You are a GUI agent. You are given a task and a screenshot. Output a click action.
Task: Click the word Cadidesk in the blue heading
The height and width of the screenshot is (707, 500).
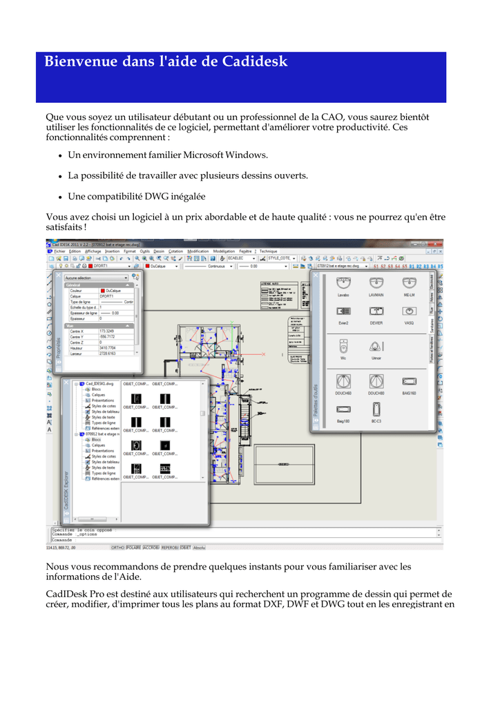click(255, 62)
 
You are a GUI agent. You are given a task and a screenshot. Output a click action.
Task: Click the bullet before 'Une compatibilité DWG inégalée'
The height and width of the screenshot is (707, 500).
click(61, 197)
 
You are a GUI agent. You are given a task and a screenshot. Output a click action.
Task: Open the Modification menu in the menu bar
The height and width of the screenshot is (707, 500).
click(198, 251)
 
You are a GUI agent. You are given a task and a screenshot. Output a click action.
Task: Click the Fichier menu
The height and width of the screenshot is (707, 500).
click(59, 251)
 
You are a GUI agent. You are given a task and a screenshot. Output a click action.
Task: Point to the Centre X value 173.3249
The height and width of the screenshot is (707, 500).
click(108, 331)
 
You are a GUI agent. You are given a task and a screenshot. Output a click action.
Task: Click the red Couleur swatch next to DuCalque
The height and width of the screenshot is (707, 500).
click(103, 291)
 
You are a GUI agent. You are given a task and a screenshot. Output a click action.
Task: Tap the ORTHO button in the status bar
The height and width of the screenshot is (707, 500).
click(118, 547)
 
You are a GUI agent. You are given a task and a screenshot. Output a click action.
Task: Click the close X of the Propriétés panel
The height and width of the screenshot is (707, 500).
click(59, 275)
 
